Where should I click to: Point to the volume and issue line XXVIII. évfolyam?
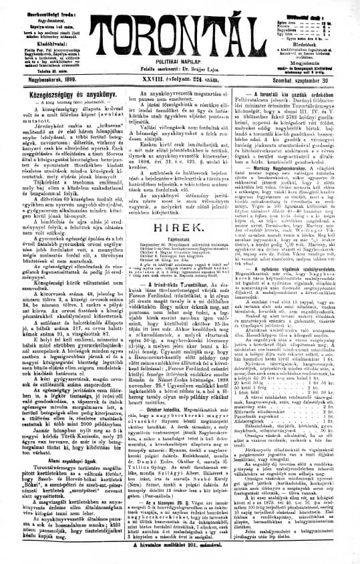click(x=180, y=79)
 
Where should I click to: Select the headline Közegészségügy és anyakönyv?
click(x=57, y=95)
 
